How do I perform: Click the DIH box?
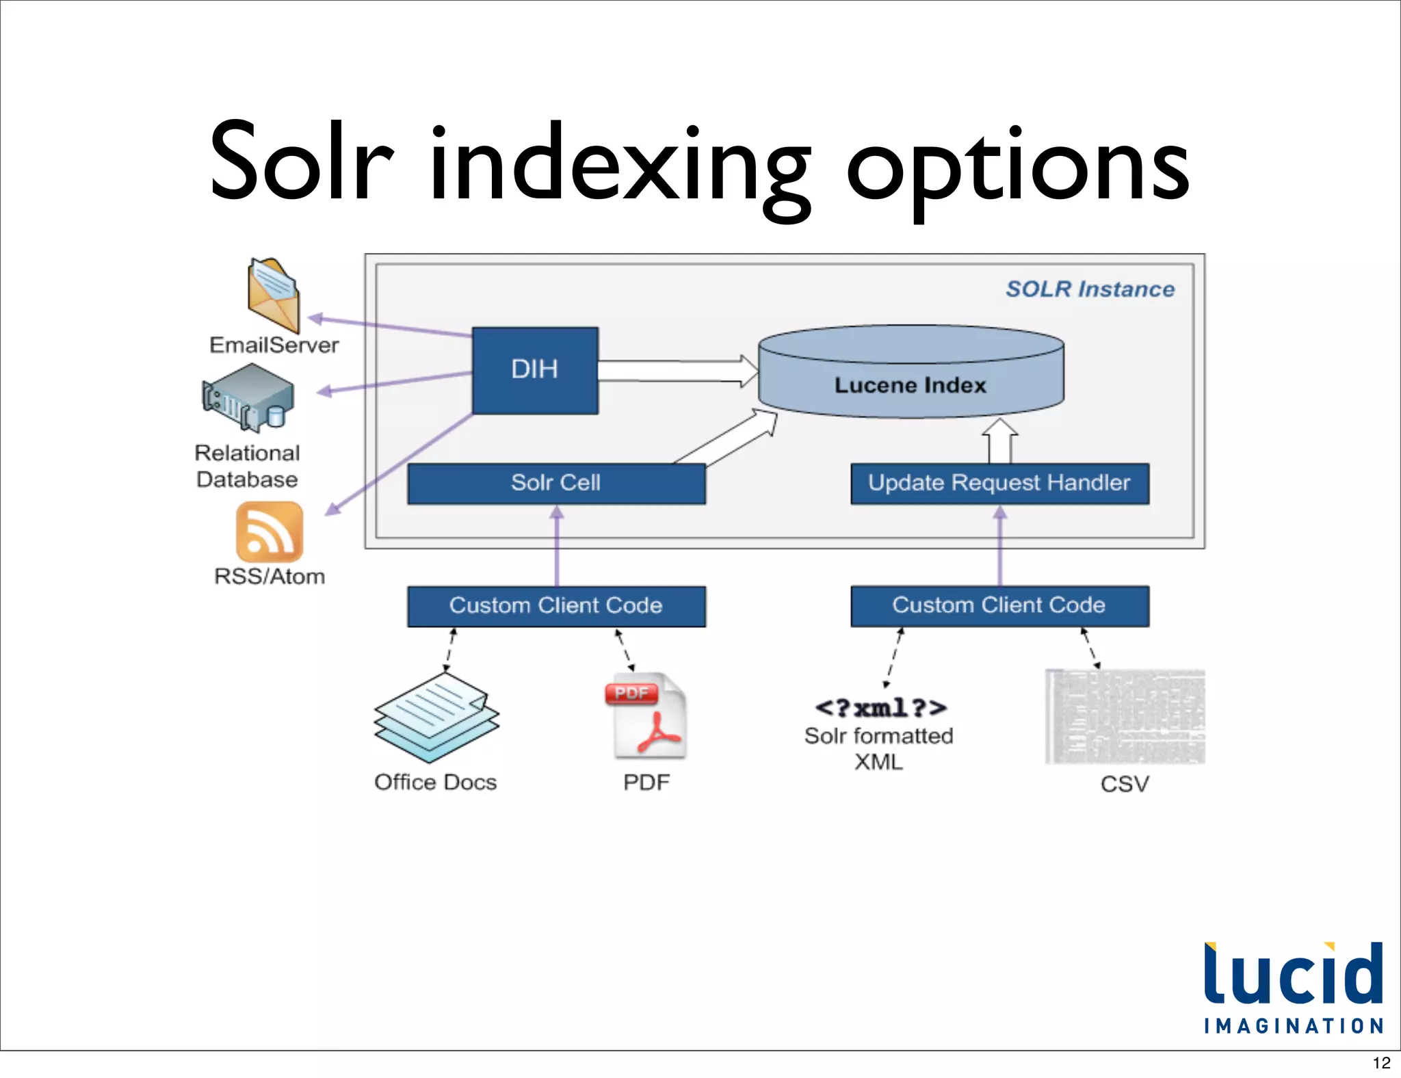[x=535, y=370]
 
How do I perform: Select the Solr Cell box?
[x=556, y=483]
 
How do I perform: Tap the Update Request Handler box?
[x=999, y=483]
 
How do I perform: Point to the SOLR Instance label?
[x=1090, y=289]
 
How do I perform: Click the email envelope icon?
[x=274, y=295]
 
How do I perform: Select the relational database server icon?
[x=248, y=398]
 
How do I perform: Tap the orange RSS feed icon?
[x=270, y=531]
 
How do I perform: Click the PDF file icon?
[x=646, y=716]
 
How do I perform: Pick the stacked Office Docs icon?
[x=436, y=718]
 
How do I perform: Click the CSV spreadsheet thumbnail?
[x=1125, y=717]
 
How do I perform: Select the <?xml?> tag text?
[x=880, y=707]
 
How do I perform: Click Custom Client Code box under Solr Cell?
[x=556, y=606]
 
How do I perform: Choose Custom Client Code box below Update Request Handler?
[x=999, y=606]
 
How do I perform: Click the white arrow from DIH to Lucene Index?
[x=677, y=371]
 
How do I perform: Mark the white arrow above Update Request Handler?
[x=999, y=442]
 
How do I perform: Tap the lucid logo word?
[x=1293, y=975]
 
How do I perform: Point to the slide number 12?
[x=1381, y=1063]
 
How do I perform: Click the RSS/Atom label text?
[x=270, y=577]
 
